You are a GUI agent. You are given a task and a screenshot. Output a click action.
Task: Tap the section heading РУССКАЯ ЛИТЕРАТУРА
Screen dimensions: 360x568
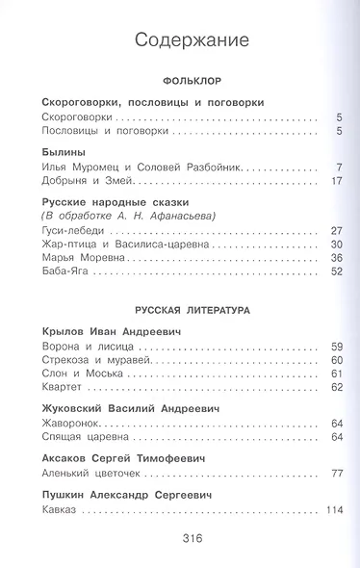click(x=180, y=311)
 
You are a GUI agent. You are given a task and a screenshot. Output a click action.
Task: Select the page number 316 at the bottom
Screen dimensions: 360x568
click(x=180, y=540)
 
